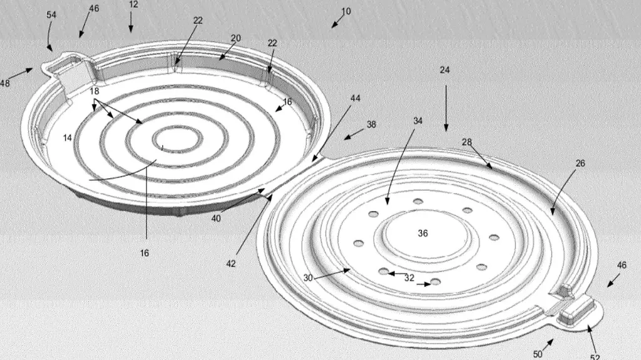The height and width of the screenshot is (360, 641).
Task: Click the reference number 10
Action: point(346,11)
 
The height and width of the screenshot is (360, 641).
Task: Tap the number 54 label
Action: point(51,15)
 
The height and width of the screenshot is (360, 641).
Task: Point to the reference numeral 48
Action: point(4,83)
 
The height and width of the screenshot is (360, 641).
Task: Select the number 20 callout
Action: point(236,38)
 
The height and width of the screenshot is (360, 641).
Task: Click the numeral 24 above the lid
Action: point(445,70)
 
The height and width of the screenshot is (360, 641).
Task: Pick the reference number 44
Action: point(356,98)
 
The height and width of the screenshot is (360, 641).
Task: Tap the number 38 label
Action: point(371,124)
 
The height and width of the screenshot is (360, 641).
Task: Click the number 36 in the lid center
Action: point(423,233)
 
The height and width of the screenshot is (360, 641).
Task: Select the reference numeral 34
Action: point(418,121)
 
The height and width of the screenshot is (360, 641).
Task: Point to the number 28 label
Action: point(467,142)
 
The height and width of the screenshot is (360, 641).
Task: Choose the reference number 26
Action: point(580,163)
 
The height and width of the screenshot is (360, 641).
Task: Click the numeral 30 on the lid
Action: point(308,278)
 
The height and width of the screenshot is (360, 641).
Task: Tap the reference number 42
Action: point(231,264)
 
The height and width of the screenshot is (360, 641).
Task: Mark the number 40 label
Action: point(216,219)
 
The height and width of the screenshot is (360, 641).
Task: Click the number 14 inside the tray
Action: point(68,138)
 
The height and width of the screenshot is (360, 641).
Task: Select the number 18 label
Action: point(95,91)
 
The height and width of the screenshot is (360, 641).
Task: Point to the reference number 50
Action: point(538,354)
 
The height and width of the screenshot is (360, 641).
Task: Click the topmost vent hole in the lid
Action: point(418,201)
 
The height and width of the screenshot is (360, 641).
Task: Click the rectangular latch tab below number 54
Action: point(72,76)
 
